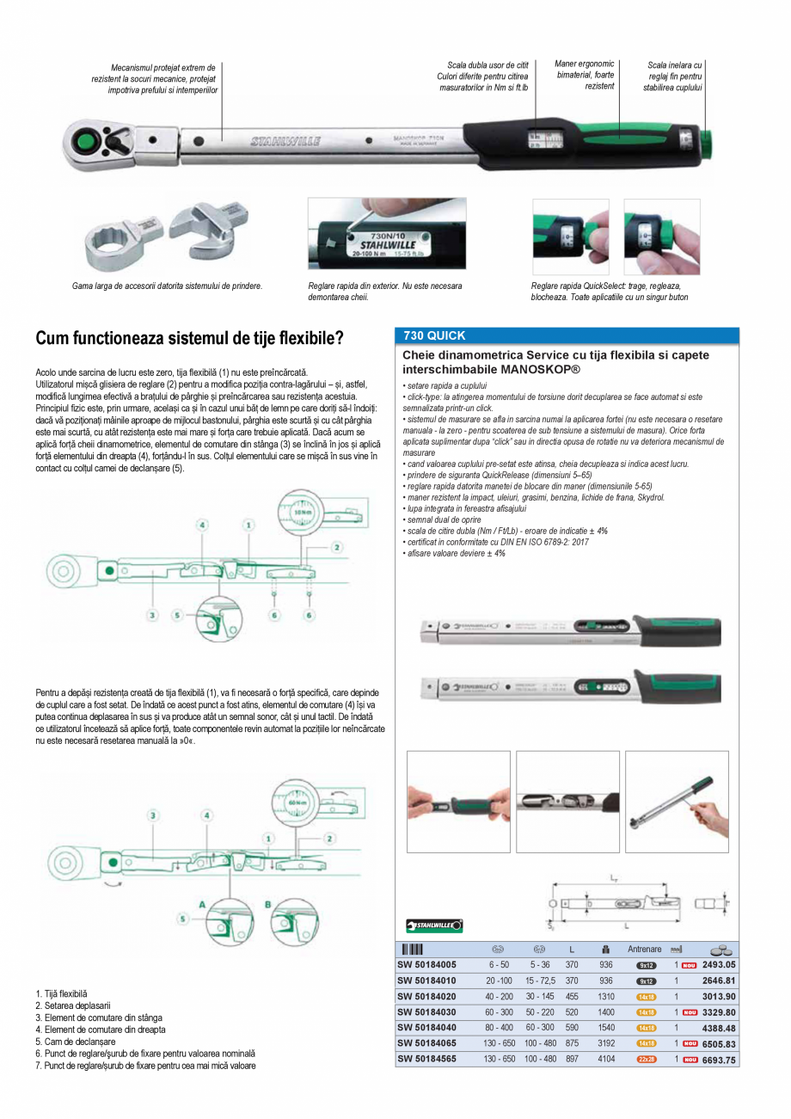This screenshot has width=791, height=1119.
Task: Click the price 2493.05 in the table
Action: coord(719,964)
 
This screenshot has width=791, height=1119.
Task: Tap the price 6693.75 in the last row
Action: coord(719,1060)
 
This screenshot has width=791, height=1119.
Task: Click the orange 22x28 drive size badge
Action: coord(646,1060)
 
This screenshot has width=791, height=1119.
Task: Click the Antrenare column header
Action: coord(645,949)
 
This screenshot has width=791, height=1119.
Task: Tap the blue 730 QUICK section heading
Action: coord(435,336)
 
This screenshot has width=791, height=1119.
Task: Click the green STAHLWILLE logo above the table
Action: coord(434,925)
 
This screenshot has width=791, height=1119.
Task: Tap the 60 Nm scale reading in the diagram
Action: coord(299,801)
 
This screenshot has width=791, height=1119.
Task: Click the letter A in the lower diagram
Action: coord(202,904)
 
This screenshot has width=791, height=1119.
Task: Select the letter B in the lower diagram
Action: coord(267,904)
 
